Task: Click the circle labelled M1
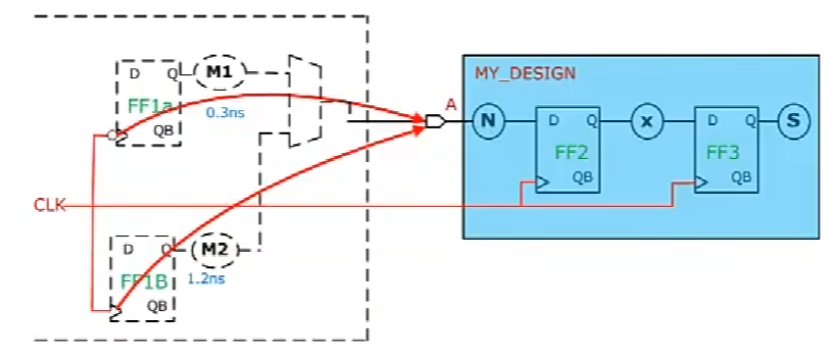tap(219, 70)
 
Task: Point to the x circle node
tap(646, 121)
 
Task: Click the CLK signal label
tap(49, 206)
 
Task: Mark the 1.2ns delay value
tap(207, 280)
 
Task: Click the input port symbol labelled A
tap(435, 122)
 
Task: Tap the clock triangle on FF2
tap(541, 182)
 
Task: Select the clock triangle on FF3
tap(700, 182)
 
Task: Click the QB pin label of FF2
tap(581, 178)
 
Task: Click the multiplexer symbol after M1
tap(304, 101)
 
